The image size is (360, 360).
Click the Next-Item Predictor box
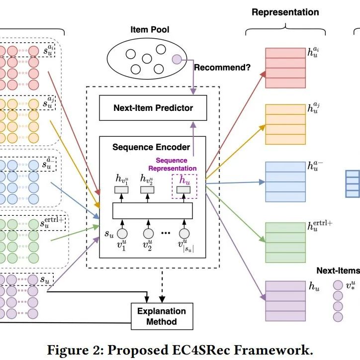click(x=153, y=108)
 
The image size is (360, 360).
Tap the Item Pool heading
click(x=149, y=30)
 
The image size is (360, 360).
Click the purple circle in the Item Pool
click(x=177, y=60)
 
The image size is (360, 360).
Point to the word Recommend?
click(x=222, y=68)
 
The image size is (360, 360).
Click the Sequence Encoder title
click(x=151, y=147)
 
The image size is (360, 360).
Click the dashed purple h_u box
click(x=184, y=185)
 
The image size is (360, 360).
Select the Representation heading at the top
click(x=285, y=12)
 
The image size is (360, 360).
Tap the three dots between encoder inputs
click(x=166, y=233)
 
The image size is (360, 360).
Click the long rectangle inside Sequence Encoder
click(x=152, y=211)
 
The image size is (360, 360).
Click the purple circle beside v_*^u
click(x=338, y=285)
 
